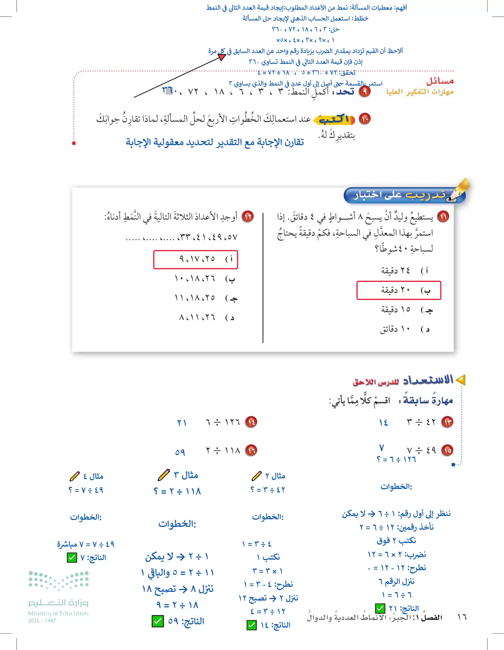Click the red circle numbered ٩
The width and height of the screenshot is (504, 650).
click(x=365, y=91)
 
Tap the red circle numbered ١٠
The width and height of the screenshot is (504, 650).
click(x=365, y=118)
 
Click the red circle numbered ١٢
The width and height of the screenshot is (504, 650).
click(x=248, y=216)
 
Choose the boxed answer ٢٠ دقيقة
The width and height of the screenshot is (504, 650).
click(x=399, y=290)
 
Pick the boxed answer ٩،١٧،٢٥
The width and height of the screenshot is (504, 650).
click(x=196, y=259)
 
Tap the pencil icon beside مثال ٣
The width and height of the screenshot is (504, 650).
click(x=164, y=474)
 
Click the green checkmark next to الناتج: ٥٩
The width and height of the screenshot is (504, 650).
click(x=158, y=621)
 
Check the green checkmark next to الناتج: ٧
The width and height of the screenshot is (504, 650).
click(x=72, y=558)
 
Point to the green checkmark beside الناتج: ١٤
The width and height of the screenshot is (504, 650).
click(x=252, y=625)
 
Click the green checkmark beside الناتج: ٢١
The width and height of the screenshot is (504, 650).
click(x=380, y=608)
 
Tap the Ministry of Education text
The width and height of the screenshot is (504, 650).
click(x=58, y=613)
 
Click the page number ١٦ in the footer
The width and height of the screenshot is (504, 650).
click(x=462, y=617)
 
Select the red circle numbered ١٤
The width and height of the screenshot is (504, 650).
click(x=251, y=422)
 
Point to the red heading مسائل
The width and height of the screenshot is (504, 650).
click(x=440, y=81)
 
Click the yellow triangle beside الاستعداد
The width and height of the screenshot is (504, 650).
click(x=460, y=380)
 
